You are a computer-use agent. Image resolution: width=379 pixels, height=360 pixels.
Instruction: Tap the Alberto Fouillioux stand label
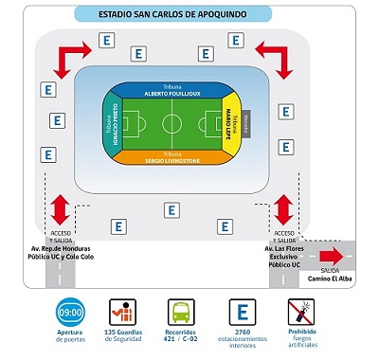coord(169,94)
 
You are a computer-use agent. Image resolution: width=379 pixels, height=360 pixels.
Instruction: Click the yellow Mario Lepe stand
coord(230,123)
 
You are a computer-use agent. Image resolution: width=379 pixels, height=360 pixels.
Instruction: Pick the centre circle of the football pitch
coord(171,124)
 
